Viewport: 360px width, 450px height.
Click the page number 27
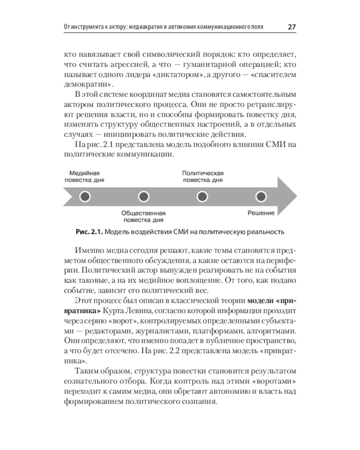pyautogui.click(x=291, y=27)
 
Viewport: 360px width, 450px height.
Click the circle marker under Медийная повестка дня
pyautogui.click(x=85, y=197)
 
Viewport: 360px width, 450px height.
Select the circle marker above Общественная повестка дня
pyautogui.click(x=144, y=197)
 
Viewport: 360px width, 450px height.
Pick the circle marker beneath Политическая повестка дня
pyautogui.click(x=202, y=197)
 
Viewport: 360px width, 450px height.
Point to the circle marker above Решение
pyautogui.click(x=261, y=197)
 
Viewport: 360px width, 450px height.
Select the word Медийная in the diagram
pyautogui.click(x=84, y=173)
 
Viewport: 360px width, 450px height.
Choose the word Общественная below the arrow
pyautogui.click(x=144, y=213)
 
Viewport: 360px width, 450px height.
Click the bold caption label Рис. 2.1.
pyautogui.click(x=90, y=232)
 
